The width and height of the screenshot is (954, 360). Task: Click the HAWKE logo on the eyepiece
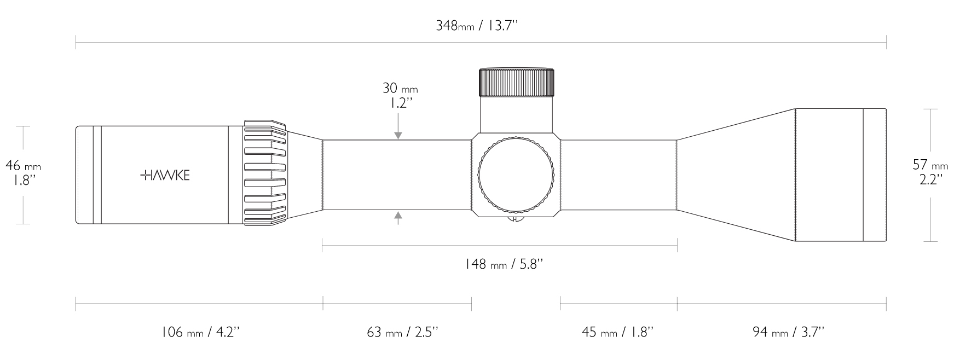point(165,175)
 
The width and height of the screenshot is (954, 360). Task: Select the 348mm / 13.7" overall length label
point(477,26)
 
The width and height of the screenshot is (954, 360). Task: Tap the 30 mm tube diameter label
point(400,88)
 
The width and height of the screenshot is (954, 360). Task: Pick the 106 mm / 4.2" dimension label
point(200,332)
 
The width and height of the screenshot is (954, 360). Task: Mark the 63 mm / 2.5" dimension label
point(402,332)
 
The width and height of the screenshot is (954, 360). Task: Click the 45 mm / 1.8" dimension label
point(617,332)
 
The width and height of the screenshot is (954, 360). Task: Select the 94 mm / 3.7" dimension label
point(788,332)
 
